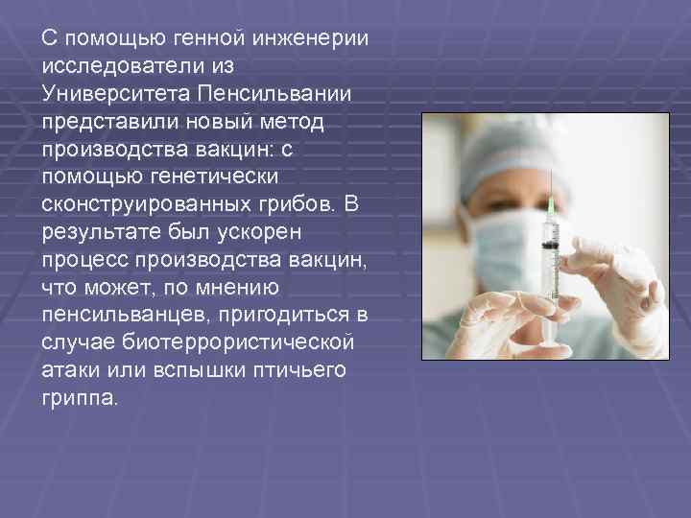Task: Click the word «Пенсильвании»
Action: click(x=273, y=96)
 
